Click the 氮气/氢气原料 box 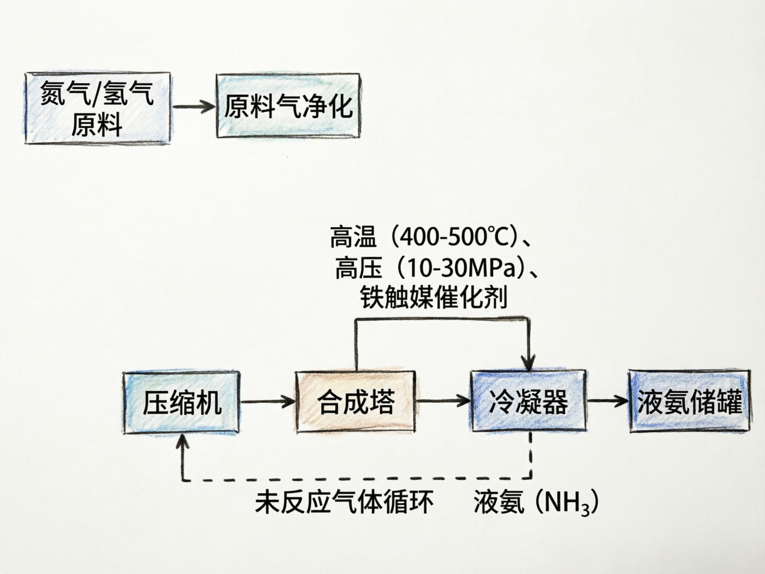click(97, 108)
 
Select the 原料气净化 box click(288, 107)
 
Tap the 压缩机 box click(181, 402)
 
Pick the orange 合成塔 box click(355, 401)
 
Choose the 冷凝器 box click(528, 401)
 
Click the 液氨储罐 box click(689, 401)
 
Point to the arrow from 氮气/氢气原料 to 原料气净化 click(193, 107)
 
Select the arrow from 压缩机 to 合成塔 click(267, 401)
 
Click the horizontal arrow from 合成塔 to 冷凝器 click(443, 401)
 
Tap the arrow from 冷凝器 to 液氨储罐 click(608, 401)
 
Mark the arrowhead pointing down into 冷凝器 click(529, 364)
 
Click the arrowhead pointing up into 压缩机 click(182, 441)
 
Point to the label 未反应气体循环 click(344, 502)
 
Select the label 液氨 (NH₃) click(536, 502)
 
